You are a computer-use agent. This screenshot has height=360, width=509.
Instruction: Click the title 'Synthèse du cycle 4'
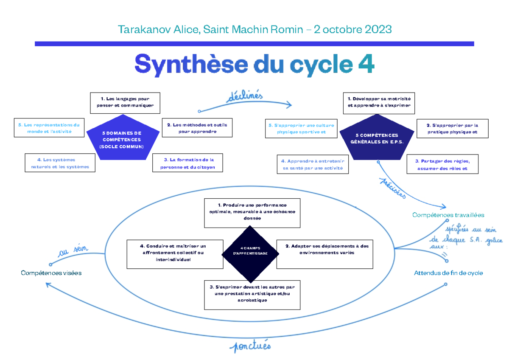255,64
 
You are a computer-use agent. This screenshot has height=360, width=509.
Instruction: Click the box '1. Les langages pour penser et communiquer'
125,103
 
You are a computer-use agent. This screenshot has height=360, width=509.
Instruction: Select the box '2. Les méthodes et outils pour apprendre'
197,128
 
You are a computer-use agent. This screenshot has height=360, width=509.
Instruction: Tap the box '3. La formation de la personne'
187,163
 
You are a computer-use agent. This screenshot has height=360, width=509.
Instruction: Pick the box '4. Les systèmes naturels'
60,163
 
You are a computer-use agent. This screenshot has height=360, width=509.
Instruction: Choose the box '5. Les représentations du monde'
49,128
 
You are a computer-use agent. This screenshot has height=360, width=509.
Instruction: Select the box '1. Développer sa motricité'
379,103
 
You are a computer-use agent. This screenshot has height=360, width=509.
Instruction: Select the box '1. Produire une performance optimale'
252,211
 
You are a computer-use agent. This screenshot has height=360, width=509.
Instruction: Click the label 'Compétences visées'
51,273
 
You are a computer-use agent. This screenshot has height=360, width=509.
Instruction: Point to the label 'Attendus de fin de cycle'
448,273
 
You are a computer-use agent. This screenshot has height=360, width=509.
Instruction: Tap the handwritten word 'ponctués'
249,346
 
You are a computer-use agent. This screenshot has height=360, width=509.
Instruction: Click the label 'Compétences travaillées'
448,215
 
